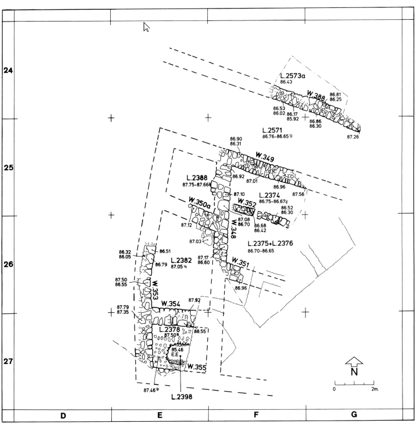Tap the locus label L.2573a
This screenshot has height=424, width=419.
[x=293, y=76]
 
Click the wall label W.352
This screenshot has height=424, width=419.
[x=247, y=202]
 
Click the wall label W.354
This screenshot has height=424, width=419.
[x=170, y=304]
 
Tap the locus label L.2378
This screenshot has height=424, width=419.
[x=170, y=329]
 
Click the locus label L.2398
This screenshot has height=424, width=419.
[x=181, y=397]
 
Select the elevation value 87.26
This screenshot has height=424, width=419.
[x=353, y=137]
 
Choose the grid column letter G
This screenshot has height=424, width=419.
[x=353, y=415]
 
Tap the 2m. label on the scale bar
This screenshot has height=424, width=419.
[x=375, y=389]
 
